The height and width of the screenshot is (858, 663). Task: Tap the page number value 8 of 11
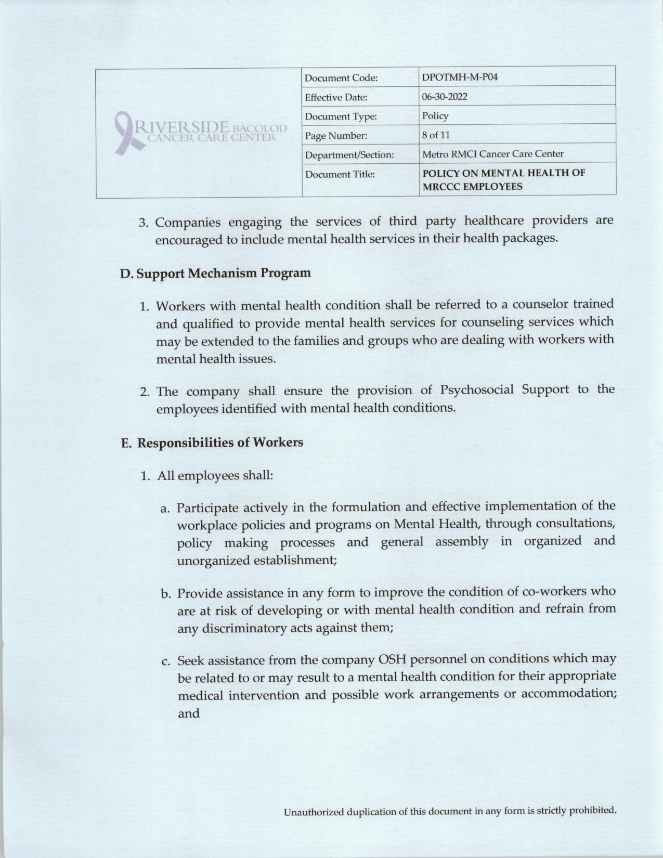tap(436, 135)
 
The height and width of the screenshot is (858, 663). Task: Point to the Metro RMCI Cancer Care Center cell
tap(493, 154)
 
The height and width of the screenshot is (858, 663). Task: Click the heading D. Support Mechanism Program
tap(215, 273)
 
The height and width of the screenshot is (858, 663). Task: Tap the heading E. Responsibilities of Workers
tap(212, 443)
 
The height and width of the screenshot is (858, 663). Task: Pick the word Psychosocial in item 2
tap(476, 389)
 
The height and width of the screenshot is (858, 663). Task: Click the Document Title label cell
tap(340, 174)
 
